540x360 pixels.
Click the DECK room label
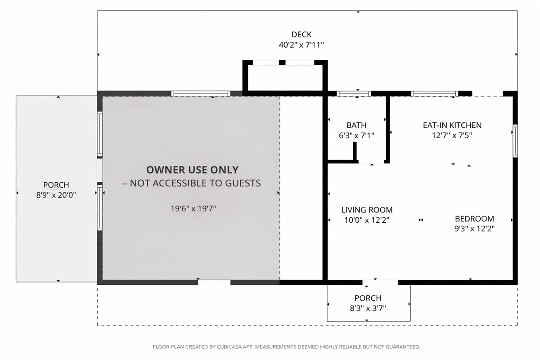click(301, 35)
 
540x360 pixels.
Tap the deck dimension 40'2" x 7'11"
click(301, 45)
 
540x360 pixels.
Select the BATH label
click(356, 125)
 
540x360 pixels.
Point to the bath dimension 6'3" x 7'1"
click(356, 135)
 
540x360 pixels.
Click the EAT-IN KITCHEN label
click(452, 125)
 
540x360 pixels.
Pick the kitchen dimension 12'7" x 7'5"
click(452, 135)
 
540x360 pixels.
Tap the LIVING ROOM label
click(367, 210)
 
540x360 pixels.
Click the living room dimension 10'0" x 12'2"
click(367, 220)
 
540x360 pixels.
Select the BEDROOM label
click(474, 219)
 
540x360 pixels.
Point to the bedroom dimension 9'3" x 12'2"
click(474, 229)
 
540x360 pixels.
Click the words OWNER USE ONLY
click(193, 170)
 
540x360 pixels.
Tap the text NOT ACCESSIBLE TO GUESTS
click(195, 183)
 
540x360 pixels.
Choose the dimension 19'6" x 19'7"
click(193, 208)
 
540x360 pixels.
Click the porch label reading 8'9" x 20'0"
click(56, 195)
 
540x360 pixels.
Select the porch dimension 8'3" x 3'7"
click(368, 308)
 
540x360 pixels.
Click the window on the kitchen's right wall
click(515, 141)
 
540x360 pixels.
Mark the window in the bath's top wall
click(354, 94)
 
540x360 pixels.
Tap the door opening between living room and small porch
click(380, 282)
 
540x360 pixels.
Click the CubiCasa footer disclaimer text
click(286, 347)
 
